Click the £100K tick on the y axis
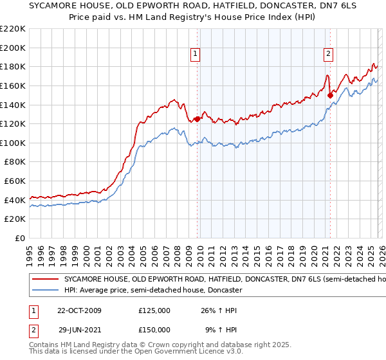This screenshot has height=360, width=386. pyautogui.click(x=13, y=143)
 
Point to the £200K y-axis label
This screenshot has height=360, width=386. pyautogui.click(x=13, y=48)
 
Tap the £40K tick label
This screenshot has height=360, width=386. pyautogui.click(x=15, y=200)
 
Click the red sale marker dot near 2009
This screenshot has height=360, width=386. pyautogui.click(x=197, y=119)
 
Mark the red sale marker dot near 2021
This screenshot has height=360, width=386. pyautogui.click(x=330, y=95)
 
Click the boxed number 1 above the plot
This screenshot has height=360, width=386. pyautogui.click(x=195, y=54)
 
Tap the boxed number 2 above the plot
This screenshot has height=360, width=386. pyautogui.click(x=328, y=54)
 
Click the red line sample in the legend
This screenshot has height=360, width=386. pyautogui.click(x=45, y=280)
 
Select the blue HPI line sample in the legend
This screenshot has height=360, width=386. pyautogui.click(x=45, y=291)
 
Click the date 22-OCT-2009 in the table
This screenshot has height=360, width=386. pyautogui.click(x=79, y=311)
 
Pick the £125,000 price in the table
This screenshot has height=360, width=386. pyautogui.click(x=154, y=311)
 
